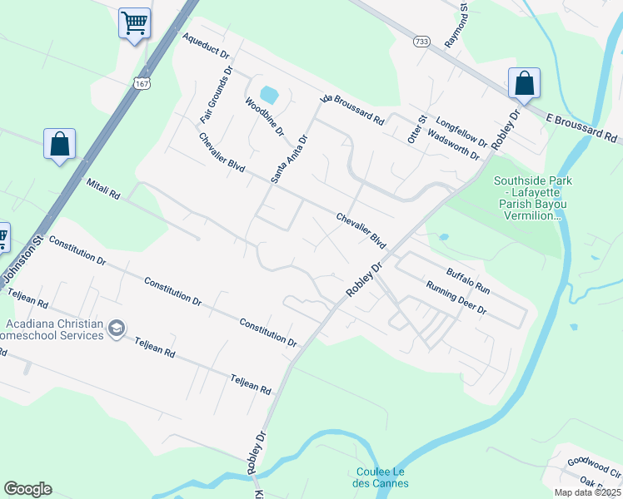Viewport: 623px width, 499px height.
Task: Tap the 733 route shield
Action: coord(421,41)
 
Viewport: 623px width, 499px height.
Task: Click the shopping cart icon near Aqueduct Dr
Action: coord(133,22)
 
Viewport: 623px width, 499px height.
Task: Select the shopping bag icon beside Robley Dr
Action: coord(524,82)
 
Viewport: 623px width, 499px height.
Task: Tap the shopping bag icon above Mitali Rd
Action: coord(60,143)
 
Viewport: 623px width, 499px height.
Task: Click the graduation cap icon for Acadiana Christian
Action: coord(116,329)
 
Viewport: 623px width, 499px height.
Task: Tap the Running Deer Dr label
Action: coord(456,298)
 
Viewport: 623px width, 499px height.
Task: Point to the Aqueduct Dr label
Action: coord(206,47)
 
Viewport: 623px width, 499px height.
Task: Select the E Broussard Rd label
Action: coord(581,127)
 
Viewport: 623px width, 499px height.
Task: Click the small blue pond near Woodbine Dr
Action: coord(268,95)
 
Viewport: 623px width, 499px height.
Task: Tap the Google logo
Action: coord(27,489)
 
